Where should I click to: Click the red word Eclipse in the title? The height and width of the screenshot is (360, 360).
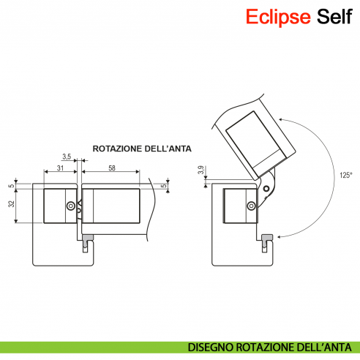click(x=278, y=16)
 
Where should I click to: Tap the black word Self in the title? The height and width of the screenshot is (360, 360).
click(x=336, y=16)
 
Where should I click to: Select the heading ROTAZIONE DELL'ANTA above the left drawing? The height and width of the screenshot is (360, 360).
click(x=142, y=149)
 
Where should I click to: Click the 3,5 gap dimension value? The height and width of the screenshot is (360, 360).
click(x=67, y=157)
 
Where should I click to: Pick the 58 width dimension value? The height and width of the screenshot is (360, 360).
click(x=110, y=169)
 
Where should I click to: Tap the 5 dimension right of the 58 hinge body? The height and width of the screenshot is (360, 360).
click(x=165, y=186)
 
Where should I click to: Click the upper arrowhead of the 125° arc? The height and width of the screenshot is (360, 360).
click(x=280, y=116)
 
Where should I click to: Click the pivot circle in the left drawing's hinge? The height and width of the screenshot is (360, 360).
click(x=71, y=206)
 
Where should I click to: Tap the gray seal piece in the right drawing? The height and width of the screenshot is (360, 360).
click(x=267, y=237)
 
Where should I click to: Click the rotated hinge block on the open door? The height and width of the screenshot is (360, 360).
click(x=253, y=140)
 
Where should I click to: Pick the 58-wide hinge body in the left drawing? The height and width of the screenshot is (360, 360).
click(x=110, y=205)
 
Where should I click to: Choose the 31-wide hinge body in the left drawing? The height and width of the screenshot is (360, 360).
click(x=57, y=206)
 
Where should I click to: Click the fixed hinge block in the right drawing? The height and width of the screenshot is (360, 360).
click(x=239, y=206)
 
